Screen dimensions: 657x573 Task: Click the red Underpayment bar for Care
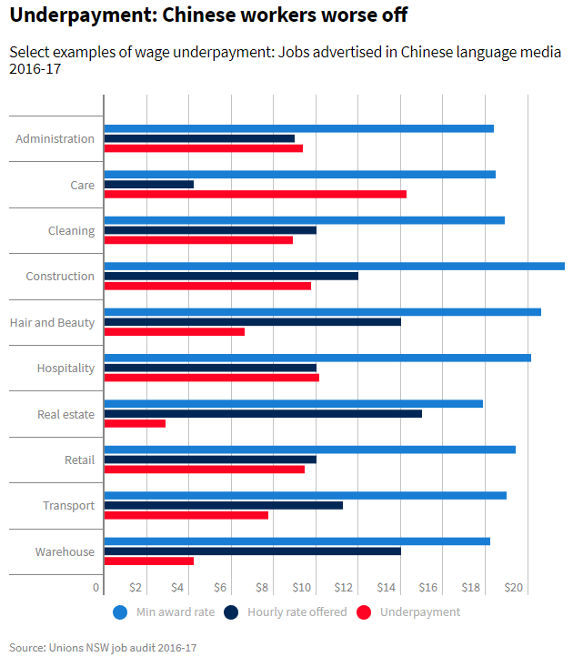255,194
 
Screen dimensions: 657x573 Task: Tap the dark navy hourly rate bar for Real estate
263,413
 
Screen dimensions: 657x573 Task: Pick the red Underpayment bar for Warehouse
149,561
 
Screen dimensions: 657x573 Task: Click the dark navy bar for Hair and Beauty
252,321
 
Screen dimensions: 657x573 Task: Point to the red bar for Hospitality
211,377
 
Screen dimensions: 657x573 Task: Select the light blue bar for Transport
305,495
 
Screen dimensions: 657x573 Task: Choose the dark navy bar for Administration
199,138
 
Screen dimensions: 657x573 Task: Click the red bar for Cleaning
198,239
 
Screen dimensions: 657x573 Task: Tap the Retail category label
79,460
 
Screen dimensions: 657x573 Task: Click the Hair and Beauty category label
52,322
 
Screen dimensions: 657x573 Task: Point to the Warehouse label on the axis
65,551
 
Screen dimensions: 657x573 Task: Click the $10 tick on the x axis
303,588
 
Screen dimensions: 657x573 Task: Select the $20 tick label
514,588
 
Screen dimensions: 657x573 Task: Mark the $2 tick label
136,588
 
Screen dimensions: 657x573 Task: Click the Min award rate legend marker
120,612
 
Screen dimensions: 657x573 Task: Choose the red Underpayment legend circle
365,612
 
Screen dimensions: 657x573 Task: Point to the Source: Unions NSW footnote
103,648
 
